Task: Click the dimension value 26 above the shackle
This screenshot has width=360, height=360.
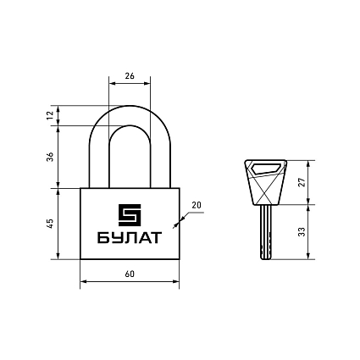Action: [x=130, y=76]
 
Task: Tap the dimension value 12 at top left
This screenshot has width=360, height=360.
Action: [x=50, y=115]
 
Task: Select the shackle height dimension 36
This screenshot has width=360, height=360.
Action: [x=50, y=157]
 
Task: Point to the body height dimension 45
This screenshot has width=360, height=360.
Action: [x=50, y=224]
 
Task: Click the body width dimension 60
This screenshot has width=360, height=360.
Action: [x=130, y=274]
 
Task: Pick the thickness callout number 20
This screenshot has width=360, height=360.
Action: [x=197, y=205]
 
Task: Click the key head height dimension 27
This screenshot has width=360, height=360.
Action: [x=302, y=182]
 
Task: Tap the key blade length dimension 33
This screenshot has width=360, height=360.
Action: [x=302, y=231]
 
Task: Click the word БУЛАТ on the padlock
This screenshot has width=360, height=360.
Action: [x=130, y=237]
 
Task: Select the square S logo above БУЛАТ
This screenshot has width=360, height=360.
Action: [x=130, y=215]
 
